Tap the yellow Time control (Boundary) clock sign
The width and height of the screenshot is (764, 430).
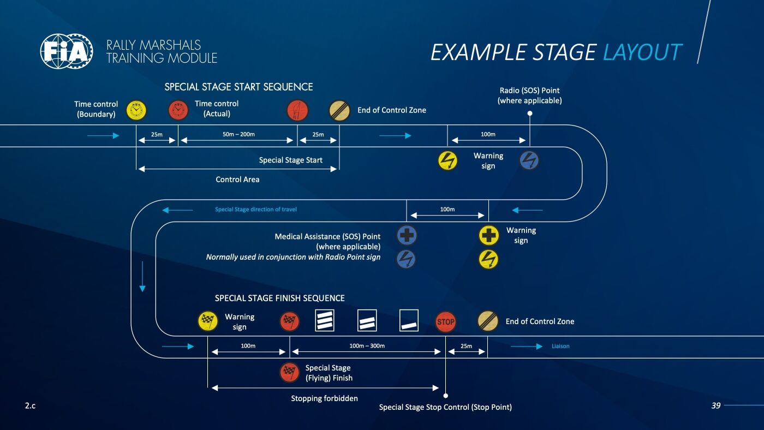(136, 110)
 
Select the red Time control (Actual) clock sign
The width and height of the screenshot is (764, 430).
(178, 110)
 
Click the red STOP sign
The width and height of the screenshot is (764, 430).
(446, 321)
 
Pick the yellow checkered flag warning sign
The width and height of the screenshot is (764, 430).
(208, 321)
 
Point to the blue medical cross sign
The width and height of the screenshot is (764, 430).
(407, 235)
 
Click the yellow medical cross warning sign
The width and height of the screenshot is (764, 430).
(489, 235)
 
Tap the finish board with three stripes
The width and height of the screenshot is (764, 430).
(325, 321)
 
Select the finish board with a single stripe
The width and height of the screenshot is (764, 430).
(409, 321)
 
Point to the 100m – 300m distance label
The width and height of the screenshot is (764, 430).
(367, 346)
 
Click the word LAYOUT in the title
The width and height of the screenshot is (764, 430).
(642, 52)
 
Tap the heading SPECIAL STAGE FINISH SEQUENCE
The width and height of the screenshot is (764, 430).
(279, 298)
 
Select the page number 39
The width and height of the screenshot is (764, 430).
(716, 405)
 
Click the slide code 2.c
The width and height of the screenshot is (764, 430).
(30, 405)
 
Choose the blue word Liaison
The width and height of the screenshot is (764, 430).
(560, 346)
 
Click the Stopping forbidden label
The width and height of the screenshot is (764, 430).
(324, 398)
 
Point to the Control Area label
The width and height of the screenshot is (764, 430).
(237, 180)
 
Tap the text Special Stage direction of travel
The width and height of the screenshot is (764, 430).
(256, 210)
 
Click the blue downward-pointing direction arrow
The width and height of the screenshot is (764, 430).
(142, 277)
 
